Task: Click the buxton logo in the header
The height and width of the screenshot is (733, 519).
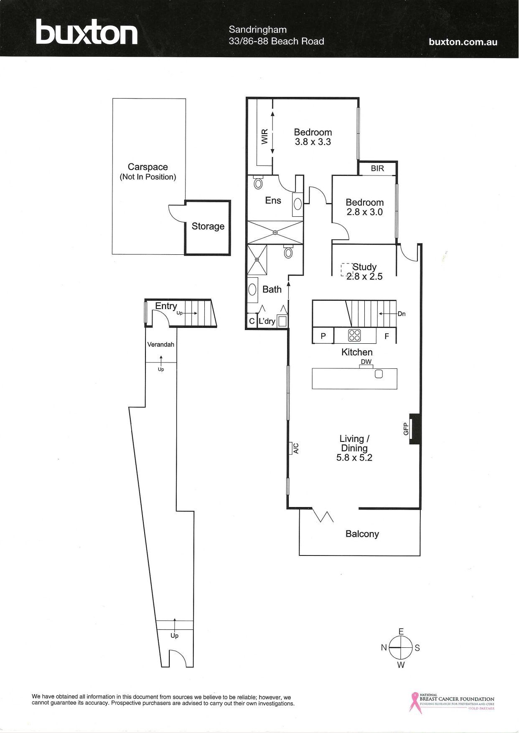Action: (86, 32)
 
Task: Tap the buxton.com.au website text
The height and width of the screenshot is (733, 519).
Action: (463, 42)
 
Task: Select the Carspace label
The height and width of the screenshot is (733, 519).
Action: (148, 167)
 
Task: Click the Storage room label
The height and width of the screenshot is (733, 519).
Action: (208, 226)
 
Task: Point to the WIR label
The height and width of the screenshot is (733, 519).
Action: (265, 137)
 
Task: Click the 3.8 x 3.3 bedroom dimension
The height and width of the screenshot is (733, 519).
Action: (313, 142)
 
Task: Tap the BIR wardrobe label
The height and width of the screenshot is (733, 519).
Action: (377, 169)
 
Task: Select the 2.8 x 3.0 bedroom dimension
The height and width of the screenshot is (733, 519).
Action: (365, 212)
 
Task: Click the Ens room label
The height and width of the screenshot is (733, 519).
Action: (273, 200)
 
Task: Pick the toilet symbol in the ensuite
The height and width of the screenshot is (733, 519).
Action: (258, 182)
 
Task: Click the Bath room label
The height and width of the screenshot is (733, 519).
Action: (272, 289)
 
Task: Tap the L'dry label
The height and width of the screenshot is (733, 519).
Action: (267, 322)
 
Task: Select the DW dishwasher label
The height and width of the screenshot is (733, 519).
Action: (366, 362)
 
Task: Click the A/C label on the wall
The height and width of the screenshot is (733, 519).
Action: (295, 449)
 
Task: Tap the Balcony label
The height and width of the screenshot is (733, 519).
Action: (362, 534)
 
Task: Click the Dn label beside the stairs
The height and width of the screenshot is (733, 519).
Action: (402, 314)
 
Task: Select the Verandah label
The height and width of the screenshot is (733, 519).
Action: (161, 345)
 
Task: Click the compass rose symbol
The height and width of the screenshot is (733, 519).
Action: (401, 648)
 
